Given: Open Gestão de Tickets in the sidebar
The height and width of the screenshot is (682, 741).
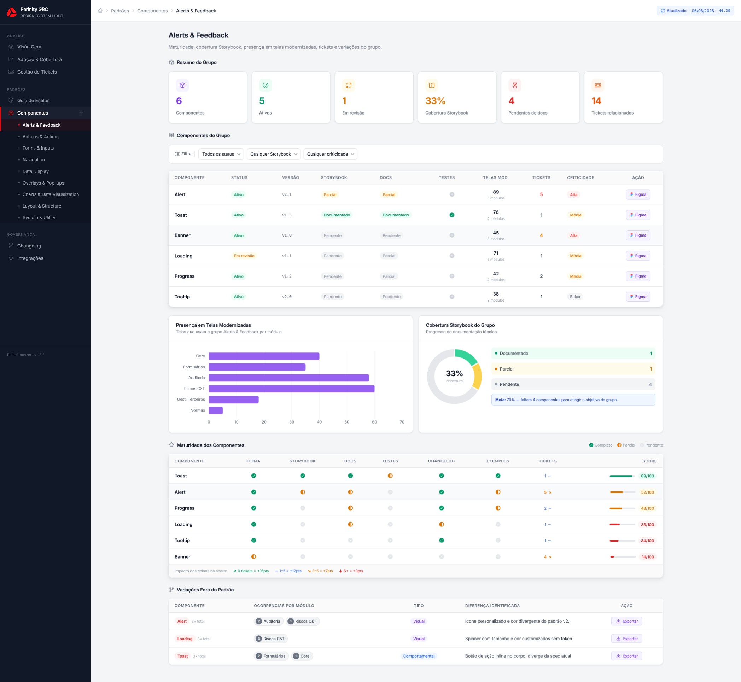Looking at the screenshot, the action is (x=37, y=72).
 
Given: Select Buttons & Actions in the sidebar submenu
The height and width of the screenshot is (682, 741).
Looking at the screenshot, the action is (x=41, y=136).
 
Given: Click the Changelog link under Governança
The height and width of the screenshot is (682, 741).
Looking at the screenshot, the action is (x=29, y=246).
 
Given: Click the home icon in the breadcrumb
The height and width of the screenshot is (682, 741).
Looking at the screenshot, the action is (x=100, y=11).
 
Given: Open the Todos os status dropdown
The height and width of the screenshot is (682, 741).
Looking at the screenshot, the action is (x=221, y=154).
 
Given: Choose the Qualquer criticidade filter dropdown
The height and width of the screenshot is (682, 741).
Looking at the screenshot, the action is (x=330, y=154).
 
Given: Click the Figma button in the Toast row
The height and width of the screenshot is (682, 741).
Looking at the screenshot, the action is (x=638, y=215).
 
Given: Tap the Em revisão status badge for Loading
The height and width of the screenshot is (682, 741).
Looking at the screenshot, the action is (x=244, y=256).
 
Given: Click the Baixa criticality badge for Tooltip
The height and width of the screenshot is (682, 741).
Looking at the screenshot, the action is (x=575, y=297).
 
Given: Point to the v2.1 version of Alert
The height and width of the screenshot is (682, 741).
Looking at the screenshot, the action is (x=287, y=194).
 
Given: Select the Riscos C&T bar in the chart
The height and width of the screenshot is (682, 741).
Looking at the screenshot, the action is (x=292, y=389).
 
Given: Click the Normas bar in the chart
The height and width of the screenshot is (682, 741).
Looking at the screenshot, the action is (x=216, y=410).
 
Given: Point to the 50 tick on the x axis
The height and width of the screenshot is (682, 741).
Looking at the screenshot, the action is (x=347, y=422).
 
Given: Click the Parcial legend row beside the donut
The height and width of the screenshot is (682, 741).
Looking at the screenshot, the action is (x=573, y=369).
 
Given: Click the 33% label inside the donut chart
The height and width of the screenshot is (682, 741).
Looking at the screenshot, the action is (x=454, y=373).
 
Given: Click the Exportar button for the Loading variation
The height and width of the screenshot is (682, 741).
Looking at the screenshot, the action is (x=626, y=639).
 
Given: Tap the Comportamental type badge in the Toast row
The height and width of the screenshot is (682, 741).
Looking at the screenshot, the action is (x=419, y=656).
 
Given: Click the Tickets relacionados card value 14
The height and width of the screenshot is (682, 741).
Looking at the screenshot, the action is (x=596, y=101).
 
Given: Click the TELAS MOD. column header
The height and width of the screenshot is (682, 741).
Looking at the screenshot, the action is (x=496, y=178).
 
